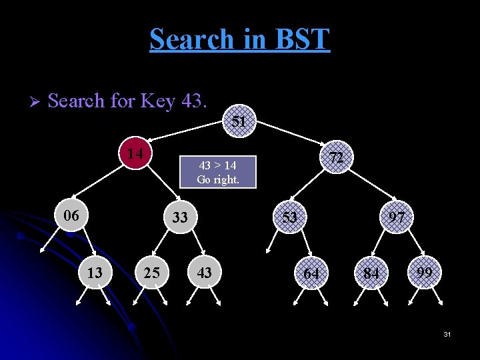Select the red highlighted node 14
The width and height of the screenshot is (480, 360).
pos(136,154)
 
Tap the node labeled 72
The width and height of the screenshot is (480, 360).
pos(337,157)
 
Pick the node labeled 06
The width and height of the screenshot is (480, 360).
pos(71,216)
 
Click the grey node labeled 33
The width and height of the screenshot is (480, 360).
pos(180,217)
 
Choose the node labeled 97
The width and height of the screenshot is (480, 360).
pos(397,217)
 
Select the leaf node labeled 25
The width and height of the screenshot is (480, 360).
pos(152,273)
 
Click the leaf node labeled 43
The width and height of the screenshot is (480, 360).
pos(205,273)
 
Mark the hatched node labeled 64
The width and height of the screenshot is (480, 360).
pos(311,274)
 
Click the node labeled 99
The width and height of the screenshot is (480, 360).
pos(425,273)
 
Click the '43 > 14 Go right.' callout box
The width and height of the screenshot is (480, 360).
pos(218,171)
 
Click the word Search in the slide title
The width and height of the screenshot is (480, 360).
pos(190,39)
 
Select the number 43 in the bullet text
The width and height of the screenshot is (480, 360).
pos(194,101)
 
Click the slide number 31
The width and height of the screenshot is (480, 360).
pos(447,333)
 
